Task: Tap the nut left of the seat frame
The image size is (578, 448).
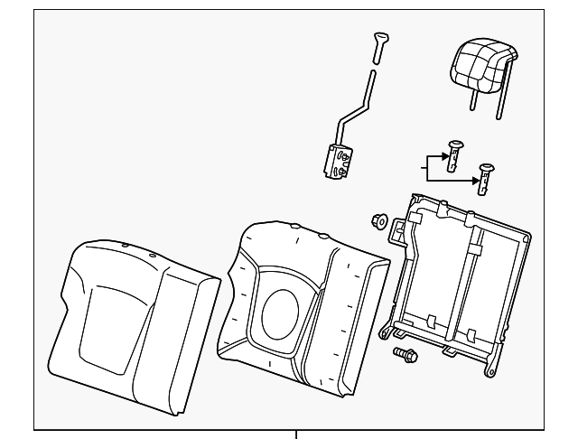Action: (380, 219)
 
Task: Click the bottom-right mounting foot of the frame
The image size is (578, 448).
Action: (491, 369)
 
